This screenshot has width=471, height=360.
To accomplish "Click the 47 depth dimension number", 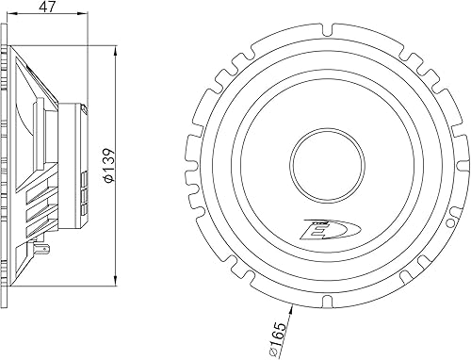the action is tap(47, 8).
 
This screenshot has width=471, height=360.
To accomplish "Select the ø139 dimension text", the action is tap(109, 164).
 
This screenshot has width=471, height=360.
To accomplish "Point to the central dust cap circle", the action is tap(327, 164).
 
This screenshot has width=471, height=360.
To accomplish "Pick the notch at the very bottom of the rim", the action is tap(327, 301).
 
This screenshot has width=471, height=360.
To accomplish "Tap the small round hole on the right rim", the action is tap(451, 222).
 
